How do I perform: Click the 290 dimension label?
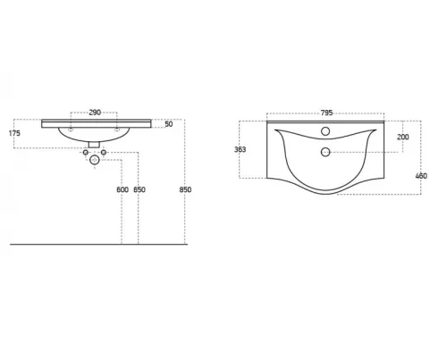pyautogui.click(x=95, y=113)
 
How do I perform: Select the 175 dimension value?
pyautogui.click(x=14, y=133)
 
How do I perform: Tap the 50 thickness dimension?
pyautogui.click(x=169, y=124)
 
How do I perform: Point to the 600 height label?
pyautogui.click(x=122, y=189)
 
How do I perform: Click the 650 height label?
pyautogui.click(x=139, y=189)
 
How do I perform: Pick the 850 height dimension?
pyautogui.click(x=185, y=189)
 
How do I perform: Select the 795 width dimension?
pyautogui.click(x=326, y=113)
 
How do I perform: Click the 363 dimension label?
pyautogui.click(x=240, y=149)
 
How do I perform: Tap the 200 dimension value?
pyautogui.click(x=403, y=137)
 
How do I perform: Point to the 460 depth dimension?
pyautogui.click(x=421, y=176)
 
